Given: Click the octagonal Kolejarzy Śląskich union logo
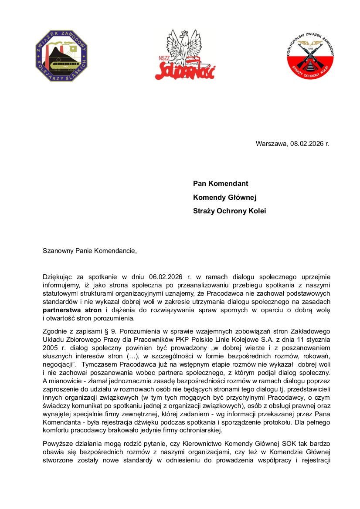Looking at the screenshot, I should tap(61, 56).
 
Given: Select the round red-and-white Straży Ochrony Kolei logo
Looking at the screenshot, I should tap(310, 56).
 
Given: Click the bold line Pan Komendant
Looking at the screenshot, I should tap(221, 184).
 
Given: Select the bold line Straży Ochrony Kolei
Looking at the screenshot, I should tap(229, 211).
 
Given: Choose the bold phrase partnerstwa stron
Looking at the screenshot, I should tap(72, 310).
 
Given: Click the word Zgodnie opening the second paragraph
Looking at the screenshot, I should tap(55, 330).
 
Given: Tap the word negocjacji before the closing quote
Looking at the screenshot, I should tap(59, 364).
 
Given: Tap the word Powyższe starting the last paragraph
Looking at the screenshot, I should tap(58, 444).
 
